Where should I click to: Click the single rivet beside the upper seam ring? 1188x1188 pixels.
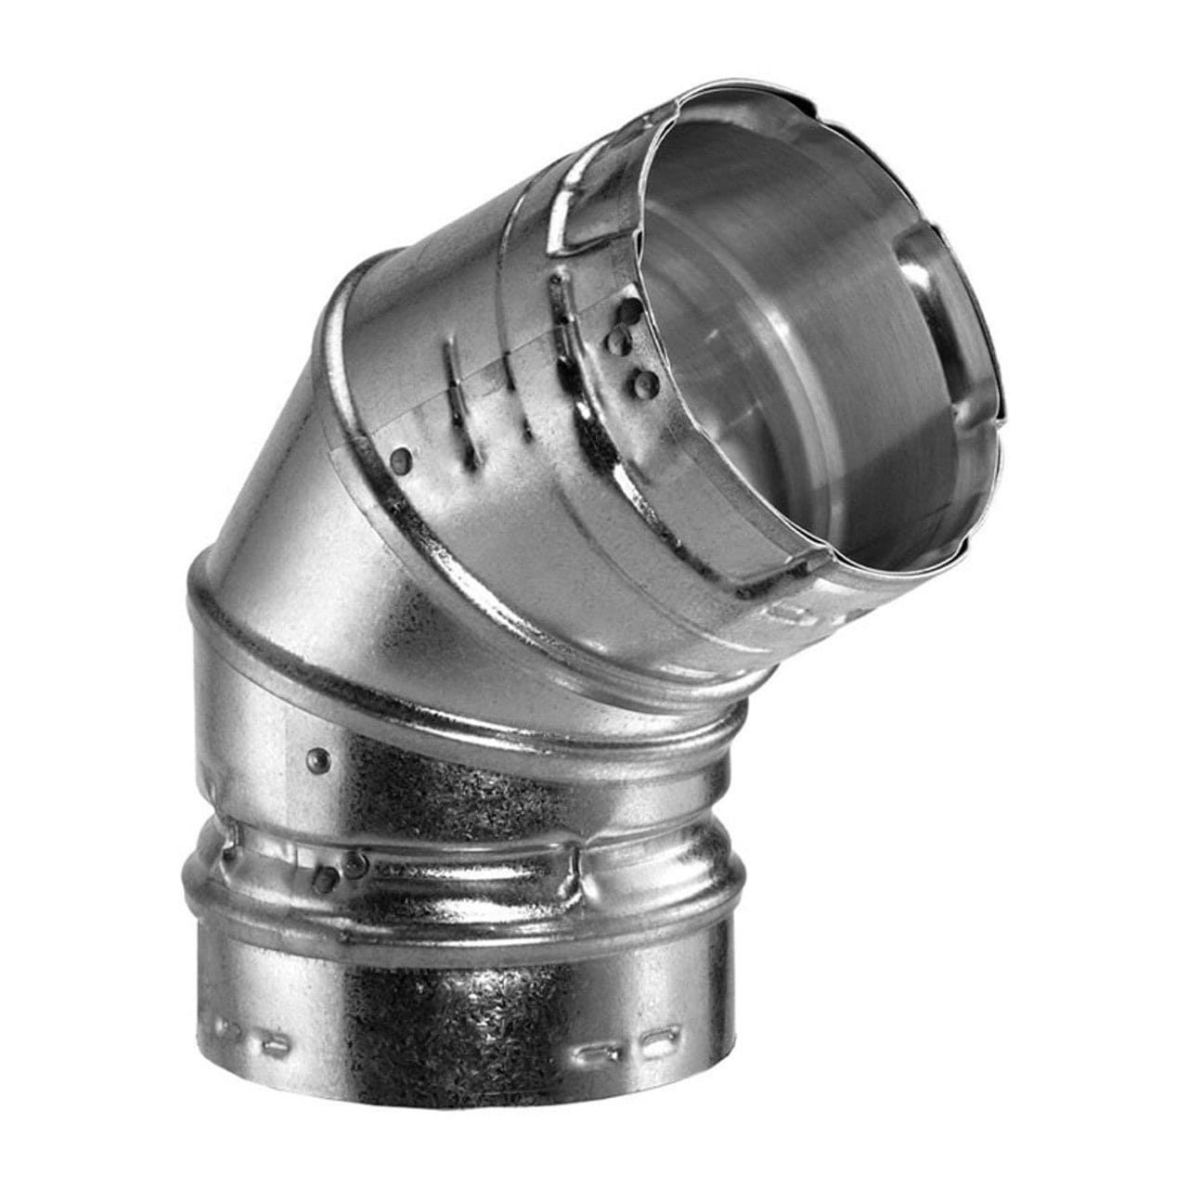coord(401,457)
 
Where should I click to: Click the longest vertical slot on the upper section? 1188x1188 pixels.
coord(452,390)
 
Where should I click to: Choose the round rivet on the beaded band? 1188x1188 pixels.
coord(354,865)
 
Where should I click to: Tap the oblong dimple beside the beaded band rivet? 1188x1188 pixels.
coord(324,877)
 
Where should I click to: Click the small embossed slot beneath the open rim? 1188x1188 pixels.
coord(794,613)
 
